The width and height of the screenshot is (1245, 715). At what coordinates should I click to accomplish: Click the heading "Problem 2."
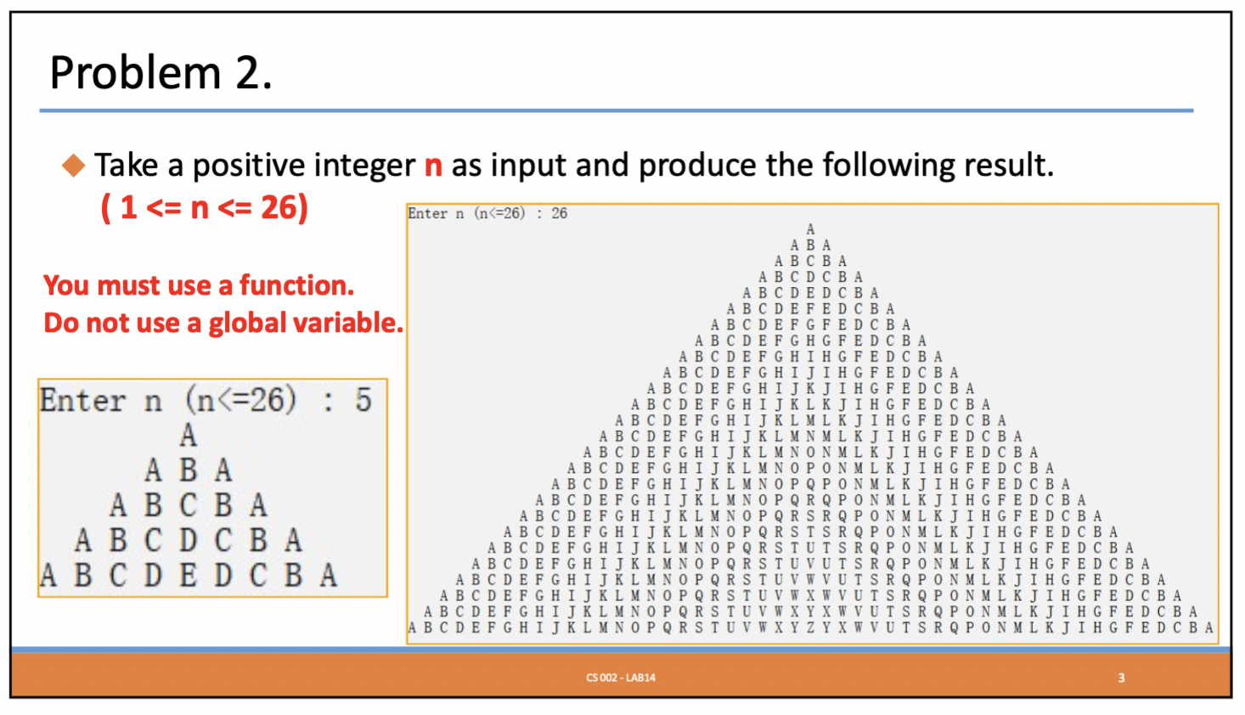161,73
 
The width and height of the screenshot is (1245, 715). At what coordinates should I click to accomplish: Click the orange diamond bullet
73,166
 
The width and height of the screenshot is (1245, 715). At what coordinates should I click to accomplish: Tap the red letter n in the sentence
433,166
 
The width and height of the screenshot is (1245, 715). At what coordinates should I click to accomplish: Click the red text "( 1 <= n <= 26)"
205,207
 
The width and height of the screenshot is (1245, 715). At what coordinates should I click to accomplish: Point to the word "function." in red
296,285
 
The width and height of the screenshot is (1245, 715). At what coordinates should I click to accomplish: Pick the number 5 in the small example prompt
363,399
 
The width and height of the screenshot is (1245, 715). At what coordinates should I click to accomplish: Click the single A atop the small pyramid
189,435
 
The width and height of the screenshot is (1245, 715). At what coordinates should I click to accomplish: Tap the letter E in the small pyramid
189,575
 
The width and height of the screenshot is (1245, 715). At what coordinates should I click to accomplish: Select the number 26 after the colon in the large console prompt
559,213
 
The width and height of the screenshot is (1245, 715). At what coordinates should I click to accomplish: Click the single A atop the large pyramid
810,229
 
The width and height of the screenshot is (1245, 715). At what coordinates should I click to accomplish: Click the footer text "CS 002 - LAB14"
621,678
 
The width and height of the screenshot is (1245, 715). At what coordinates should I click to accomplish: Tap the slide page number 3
1121,678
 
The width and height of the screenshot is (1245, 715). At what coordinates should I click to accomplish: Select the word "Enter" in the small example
83,400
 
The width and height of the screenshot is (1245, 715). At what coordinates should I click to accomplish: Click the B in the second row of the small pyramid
189,470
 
